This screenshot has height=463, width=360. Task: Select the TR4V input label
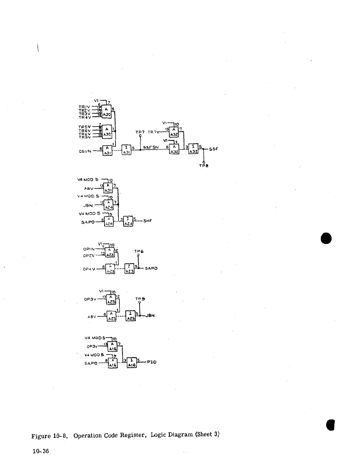[84, 117]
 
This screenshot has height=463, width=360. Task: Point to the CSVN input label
[85, 151]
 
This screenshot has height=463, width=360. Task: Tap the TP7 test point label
[140, 132]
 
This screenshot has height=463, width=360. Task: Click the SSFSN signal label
[151, 147]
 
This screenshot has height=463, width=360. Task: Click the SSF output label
[214, 149]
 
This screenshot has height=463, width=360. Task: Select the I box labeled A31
[126, 149]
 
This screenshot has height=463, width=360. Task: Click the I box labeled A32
[193, 148]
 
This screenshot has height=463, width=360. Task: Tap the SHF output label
[147, 221]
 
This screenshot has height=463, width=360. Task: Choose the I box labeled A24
[128, 221]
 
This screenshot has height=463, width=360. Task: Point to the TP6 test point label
[139, 251]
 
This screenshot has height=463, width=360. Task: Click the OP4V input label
[89, 269]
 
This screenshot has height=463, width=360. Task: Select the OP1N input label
[89, 249]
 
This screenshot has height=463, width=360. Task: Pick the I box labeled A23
[129, 268]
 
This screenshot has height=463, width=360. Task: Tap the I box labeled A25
[131, 316]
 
